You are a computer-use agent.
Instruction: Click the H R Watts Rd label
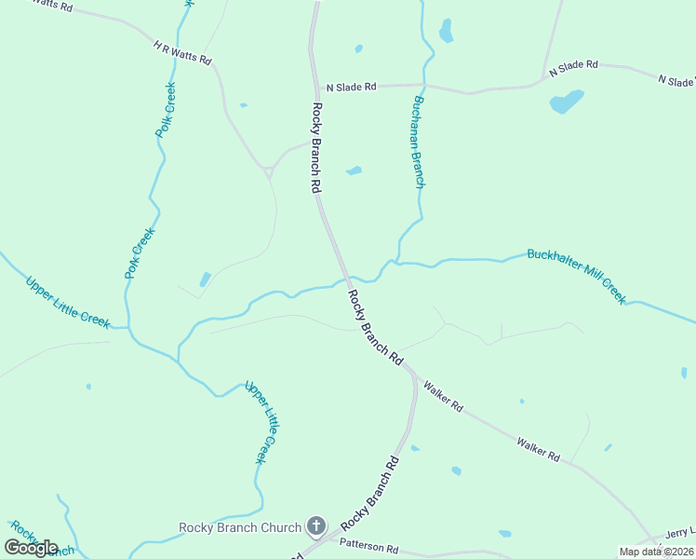coord(183,52)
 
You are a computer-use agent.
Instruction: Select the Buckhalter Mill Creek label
coord(576,275)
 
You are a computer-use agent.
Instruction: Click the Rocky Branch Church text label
coord(240,527)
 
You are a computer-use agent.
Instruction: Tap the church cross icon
coord(316,527)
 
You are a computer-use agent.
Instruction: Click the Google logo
coord(31,548)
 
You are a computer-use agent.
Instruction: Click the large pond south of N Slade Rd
coord(566,101)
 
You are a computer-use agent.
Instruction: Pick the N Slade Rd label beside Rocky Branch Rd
coord(350,87)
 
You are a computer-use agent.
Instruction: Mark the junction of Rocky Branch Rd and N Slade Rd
coord(315,87)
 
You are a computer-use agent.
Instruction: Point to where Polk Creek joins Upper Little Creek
coord(128,328)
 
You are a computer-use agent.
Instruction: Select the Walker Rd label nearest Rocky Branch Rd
coord(443,395)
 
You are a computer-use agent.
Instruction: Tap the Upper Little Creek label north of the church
coord(261,421)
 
